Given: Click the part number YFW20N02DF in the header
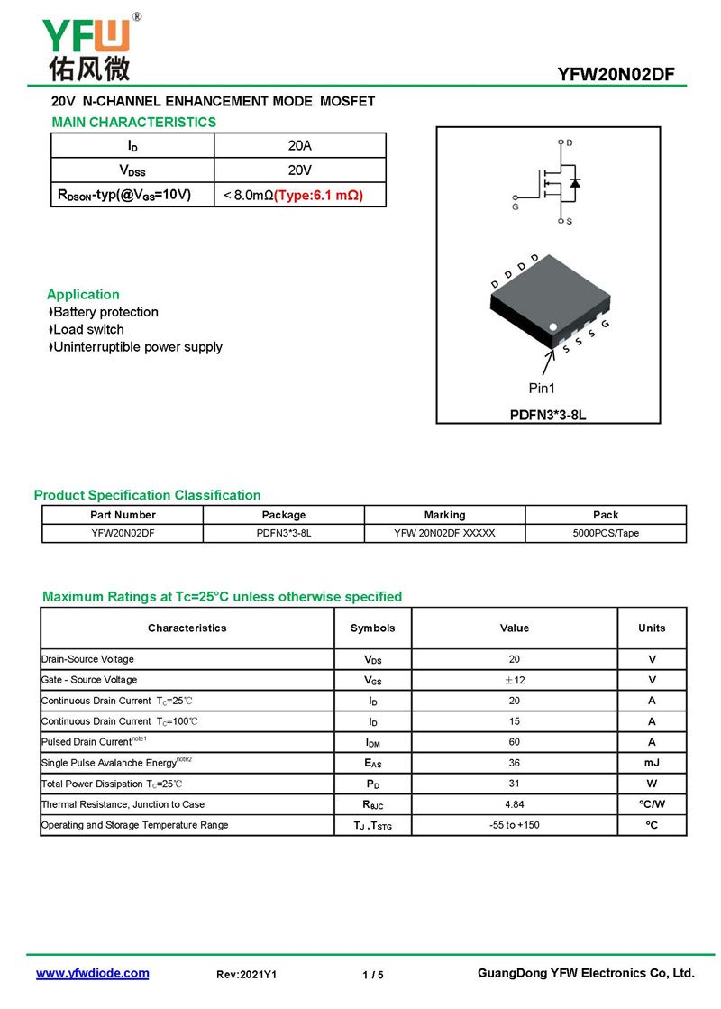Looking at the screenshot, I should click(616, 75).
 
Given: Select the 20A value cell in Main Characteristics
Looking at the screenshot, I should click(300, 145).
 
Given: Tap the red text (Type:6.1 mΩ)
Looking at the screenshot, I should click(318, 195).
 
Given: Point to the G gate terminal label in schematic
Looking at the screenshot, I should click(515, 206).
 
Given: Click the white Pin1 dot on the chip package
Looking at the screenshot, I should click(553, 326).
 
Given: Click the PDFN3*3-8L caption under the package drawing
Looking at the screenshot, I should click(549, 415).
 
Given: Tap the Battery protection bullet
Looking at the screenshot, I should click(105, 312).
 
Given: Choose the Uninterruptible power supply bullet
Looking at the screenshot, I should click(137, 347).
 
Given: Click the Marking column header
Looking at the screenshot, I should click(444, 515).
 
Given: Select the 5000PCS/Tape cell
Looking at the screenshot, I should click(606, 533).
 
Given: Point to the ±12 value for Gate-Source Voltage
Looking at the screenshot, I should click(515, 680).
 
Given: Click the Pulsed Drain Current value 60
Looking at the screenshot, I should click(515, 742).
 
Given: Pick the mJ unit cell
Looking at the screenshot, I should click(652, 763).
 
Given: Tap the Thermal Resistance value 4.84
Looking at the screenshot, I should click(515, 804).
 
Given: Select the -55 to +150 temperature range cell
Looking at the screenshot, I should click(515, 825).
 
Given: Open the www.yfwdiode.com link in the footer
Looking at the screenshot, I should click(92, 974).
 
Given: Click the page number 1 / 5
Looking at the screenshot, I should click(372, 975).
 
